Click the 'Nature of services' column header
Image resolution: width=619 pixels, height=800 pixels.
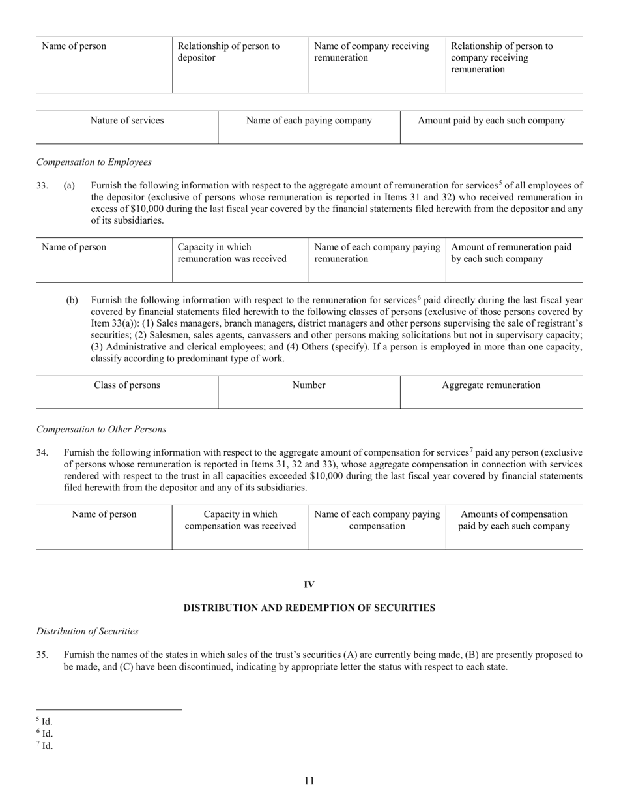[127, 121]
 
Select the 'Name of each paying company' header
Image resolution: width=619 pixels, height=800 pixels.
[309, 121]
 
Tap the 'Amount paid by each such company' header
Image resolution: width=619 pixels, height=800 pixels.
[491, 121]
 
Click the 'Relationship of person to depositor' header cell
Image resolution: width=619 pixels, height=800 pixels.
[229, 52]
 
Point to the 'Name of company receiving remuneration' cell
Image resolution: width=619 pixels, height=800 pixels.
[371, 52]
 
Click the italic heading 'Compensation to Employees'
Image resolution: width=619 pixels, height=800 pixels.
[94, 162]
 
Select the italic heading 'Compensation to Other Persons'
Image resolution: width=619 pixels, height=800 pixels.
[101, 429]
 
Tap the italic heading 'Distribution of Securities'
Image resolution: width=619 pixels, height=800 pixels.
[87, 631]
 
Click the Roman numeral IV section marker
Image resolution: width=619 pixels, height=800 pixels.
[309, 584]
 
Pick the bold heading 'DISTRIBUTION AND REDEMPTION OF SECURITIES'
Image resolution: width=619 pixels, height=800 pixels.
[309, 608]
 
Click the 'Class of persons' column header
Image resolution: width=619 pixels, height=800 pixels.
[127, 385]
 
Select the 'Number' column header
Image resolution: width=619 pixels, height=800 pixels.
[309, 385]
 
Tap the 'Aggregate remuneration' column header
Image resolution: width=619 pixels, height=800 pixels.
[491, 385]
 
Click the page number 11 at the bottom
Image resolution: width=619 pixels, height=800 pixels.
[309, 781]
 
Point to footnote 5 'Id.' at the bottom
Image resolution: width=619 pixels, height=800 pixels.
[44, 722]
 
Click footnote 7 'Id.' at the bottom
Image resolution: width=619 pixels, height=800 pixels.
[44, 746]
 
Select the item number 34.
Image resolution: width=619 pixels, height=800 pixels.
[42, 452]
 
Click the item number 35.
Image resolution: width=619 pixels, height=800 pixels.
[42, 655]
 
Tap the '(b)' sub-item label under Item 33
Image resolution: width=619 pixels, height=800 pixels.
[72, 301]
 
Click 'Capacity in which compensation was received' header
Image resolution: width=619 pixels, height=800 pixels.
[240, 520]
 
